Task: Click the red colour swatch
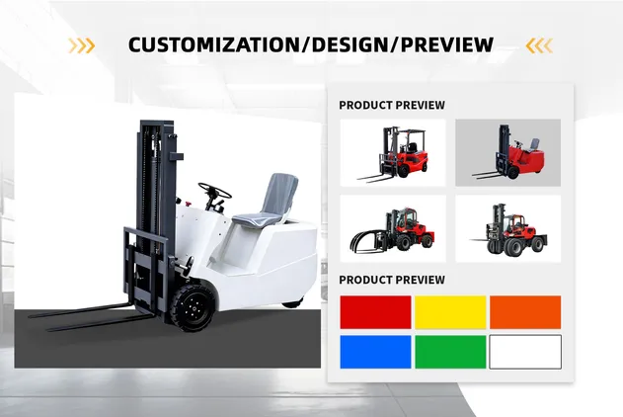click(x=375, y=312)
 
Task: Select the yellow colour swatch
click(x=450, y=312)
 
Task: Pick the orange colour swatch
click(x=525, y=312)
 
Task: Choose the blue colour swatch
click(x=375, y=352)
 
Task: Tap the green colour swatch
click(x=450, y=352)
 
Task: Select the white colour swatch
click(x=525, y=352)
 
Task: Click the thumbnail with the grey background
click(x=507, y=152)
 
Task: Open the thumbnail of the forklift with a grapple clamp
click(x=393, y=229)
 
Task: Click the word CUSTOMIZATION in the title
click(x=203, y=44)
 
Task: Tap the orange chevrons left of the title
click(x=82, y=44)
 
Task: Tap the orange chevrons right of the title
click(x=539, y=44)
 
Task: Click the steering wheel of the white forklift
click(x=214, y=192)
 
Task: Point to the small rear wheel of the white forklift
click(x=291, y=302)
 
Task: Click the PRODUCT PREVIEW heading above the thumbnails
click(x=392, y=105)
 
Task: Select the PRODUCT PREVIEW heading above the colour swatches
click(x=392, y=280)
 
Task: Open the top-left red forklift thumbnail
click(x=393, y=152)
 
